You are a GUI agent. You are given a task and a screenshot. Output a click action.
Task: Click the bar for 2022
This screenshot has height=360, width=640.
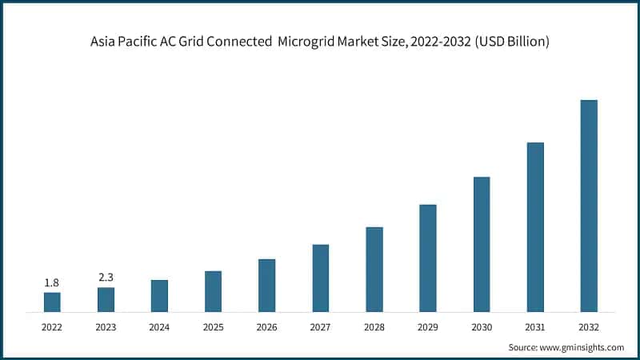pyautogui.click(x=52, y=302)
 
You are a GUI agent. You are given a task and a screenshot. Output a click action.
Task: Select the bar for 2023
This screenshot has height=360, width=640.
pyautogui.click(x=106, y=299)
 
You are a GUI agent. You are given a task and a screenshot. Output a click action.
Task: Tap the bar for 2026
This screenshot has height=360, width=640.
pyautogui.click(x=266, y=285)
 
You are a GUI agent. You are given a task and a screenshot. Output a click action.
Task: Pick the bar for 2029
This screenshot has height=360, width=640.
pyautogui.click(x=428, y=258)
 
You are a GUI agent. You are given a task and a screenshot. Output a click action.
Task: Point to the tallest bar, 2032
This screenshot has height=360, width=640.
pyautogui.click(x=589, y=206)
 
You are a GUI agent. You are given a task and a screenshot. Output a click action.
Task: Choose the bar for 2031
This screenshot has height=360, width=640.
pyautogui.click(x=535, y=226)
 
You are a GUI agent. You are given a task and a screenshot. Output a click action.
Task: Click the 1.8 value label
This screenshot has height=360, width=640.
pyautogui.click(x=52, y=282)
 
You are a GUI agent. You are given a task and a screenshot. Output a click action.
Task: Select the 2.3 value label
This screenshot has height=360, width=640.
pyautogui.click(x=106, y=278)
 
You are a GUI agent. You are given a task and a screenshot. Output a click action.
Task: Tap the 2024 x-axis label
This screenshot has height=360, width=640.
pyautogui.click(x=159, y=326)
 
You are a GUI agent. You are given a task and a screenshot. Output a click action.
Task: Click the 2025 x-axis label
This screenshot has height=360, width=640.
pyautogui.click(x=213, y=326)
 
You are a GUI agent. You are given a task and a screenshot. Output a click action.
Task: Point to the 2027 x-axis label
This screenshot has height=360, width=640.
pyautogui.click(x=320, y=326)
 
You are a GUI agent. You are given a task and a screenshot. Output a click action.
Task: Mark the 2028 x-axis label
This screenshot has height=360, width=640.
pyautogui.click(x=374, y=326)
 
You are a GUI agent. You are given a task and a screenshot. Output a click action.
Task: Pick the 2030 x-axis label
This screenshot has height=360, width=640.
pyautogui.click(x=482, y=326)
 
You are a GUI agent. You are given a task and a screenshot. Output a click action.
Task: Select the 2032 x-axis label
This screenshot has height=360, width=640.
pyautogui.click(x=589, y=326)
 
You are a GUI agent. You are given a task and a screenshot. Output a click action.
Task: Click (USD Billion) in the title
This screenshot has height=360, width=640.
pyautogui.click(x=514, y=42)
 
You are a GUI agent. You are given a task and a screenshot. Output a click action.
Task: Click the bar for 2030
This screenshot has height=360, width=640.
pyautogui.click(x=482, y=244)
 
